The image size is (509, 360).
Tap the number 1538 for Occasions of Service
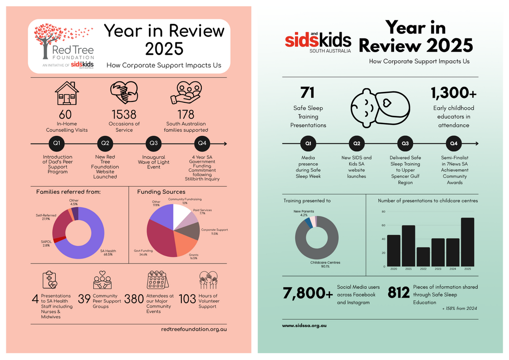point(124,114)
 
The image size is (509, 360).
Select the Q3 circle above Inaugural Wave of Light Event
point(154,144)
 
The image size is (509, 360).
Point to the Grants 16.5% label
point(194,257)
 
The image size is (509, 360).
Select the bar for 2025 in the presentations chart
point(467,242)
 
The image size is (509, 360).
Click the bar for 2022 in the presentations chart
point(423,257)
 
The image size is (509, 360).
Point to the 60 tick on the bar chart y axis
point(383,225)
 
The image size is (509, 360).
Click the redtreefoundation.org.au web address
point(194,329)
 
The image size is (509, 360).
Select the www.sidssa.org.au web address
point(304,325)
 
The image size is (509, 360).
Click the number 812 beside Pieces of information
point(399,293)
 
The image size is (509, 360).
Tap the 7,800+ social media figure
point(308,293)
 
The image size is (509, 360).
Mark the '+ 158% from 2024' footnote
point(459,308)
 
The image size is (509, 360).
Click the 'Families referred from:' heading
point(68,192)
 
